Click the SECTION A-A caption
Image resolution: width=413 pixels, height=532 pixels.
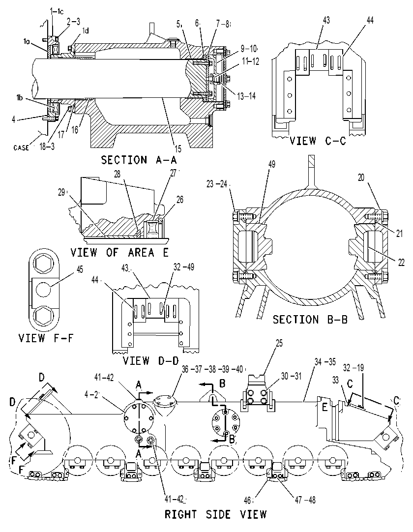(x=139, y=160)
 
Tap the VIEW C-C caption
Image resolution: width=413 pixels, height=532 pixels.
(x=318, y=141)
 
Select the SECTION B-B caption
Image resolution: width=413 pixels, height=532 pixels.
(x=310, y=319)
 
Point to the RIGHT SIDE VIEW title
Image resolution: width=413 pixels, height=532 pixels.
(x=215, y=514)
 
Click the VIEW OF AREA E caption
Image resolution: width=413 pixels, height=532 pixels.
(x=119, y=252)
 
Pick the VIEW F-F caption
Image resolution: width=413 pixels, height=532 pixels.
(x=45, y=338)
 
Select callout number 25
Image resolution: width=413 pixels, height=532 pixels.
(x=279, y=343)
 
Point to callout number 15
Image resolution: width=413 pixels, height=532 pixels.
(x=178, y=148)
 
